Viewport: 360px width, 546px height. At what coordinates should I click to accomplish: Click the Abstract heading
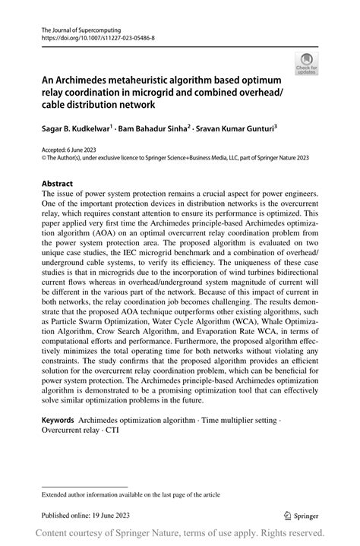[x=58, y=184]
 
